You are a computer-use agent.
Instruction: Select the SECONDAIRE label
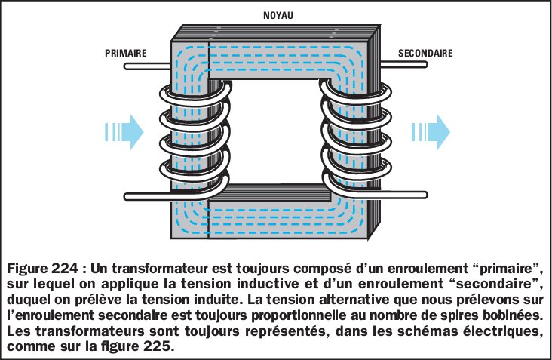(425, 53)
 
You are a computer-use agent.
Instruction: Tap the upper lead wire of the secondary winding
(407, 69)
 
